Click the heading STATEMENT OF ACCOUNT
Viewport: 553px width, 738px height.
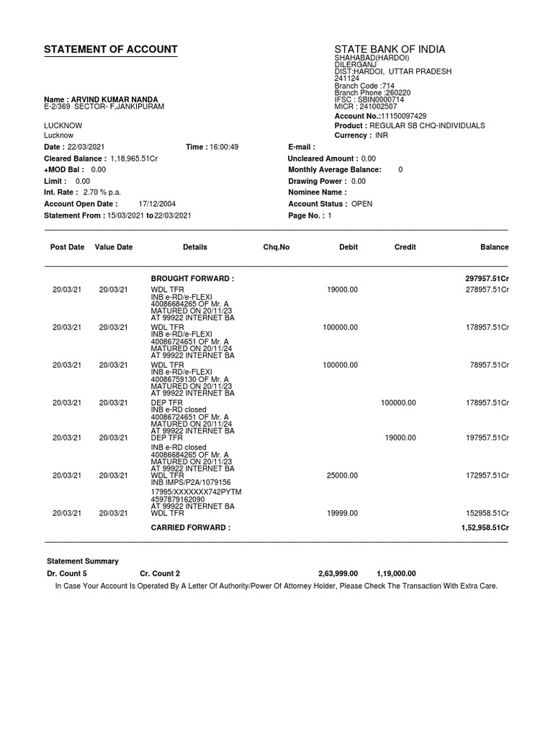pos(110,50)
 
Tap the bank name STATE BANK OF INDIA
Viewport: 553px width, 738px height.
pos(390,50)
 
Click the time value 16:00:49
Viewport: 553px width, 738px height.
pos(223,147)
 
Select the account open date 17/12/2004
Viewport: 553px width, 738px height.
pos(156,204)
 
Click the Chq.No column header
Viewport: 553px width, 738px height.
pos(276,247)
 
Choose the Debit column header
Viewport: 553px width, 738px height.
pos(349,247)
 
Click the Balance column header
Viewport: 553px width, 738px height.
pos(495,247)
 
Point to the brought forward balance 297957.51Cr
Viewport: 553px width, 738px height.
pos(487,278)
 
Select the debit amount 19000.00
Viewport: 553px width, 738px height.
pos(342,289)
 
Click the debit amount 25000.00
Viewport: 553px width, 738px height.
pos(342,476)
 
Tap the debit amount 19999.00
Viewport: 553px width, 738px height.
pos(342,513)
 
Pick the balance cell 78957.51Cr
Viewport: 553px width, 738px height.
pos(490,365)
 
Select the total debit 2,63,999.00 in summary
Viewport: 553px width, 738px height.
pos(338,574)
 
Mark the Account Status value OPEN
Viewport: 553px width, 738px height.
pos(361,204)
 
